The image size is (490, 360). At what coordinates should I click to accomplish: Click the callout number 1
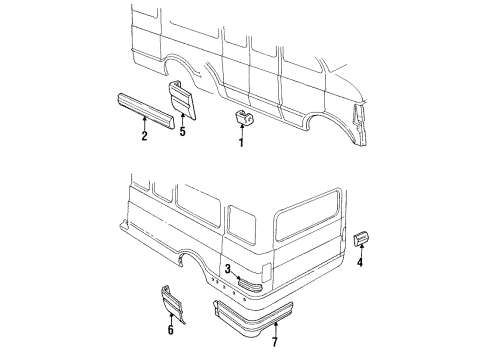point(240,143)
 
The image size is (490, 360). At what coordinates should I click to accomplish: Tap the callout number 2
point(144,136)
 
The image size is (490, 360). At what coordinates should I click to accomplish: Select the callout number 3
point(229,269)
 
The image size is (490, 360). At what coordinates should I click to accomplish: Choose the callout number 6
point(170,328)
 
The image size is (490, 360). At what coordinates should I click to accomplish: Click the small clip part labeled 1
point(242,119)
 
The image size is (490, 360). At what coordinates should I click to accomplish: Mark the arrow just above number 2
point(144,122)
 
